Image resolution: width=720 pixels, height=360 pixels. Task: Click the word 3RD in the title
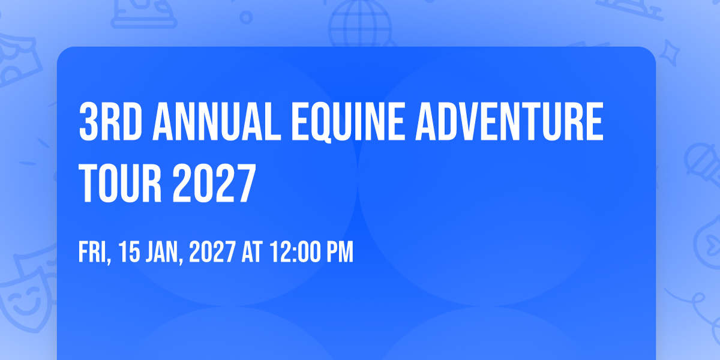point(110,121)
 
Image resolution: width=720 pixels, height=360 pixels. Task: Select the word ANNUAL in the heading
point(217,121)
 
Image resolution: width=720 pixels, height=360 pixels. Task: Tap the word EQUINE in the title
point(348,122)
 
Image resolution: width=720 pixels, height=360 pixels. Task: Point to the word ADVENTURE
point(509,121)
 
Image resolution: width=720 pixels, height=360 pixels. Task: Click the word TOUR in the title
point(120,183)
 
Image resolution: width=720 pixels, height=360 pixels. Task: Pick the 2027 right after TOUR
point(214,183)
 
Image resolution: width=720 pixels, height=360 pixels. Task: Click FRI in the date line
point(95,253)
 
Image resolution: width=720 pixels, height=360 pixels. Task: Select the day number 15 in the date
point(129,251)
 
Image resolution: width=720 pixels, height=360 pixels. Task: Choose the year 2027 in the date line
point(212,251)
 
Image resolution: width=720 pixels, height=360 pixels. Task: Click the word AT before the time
point(252,251)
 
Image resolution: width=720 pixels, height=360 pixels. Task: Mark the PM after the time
point(340,251)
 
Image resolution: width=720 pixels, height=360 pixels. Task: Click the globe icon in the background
point(360,23)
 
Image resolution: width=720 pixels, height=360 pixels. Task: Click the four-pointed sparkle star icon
point(669,53)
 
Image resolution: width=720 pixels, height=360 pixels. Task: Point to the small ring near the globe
point(246,17)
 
